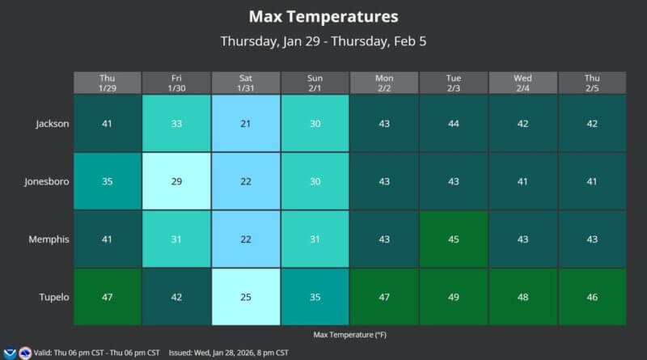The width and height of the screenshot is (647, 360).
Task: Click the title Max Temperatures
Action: (x=323, y=16)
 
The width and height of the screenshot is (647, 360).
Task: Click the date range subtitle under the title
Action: (x=323, y=41)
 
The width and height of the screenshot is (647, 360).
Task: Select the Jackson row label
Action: (x=53, y=124)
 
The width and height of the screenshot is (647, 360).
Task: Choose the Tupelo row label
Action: (x=54, y=297)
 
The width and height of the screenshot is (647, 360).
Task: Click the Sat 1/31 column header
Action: (x=246, y=83)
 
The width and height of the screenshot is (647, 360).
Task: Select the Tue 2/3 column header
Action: (x=454, y=83)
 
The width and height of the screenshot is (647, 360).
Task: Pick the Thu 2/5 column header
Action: (x=592, y=83)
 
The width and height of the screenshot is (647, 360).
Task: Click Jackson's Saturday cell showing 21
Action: (x=246, y=124)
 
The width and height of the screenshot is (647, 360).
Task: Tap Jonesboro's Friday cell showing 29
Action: (x=176, y=181)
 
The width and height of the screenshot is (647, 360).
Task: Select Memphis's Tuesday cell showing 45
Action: (x=454, y=239)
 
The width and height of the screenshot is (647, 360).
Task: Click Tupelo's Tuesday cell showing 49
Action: (x=454, y=297)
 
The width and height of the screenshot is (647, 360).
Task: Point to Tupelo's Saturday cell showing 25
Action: (x=246, y=297)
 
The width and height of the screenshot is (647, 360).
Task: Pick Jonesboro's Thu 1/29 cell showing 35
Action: (x=107, y=181)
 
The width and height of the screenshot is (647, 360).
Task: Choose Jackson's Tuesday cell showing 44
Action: (x=454, y=124)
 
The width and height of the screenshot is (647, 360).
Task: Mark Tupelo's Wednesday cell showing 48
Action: (x=523, y=297)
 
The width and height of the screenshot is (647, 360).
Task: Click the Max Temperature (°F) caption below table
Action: (x=349, y=333)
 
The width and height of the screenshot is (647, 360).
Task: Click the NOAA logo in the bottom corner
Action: (x=10, y=353)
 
